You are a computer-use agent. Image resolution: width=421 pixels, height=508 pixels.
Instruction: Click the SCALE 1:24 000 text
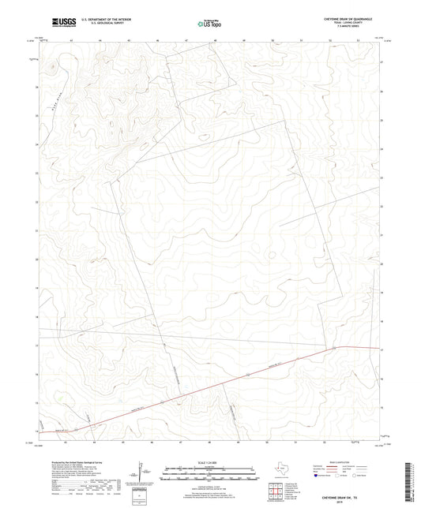point(209,463)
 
